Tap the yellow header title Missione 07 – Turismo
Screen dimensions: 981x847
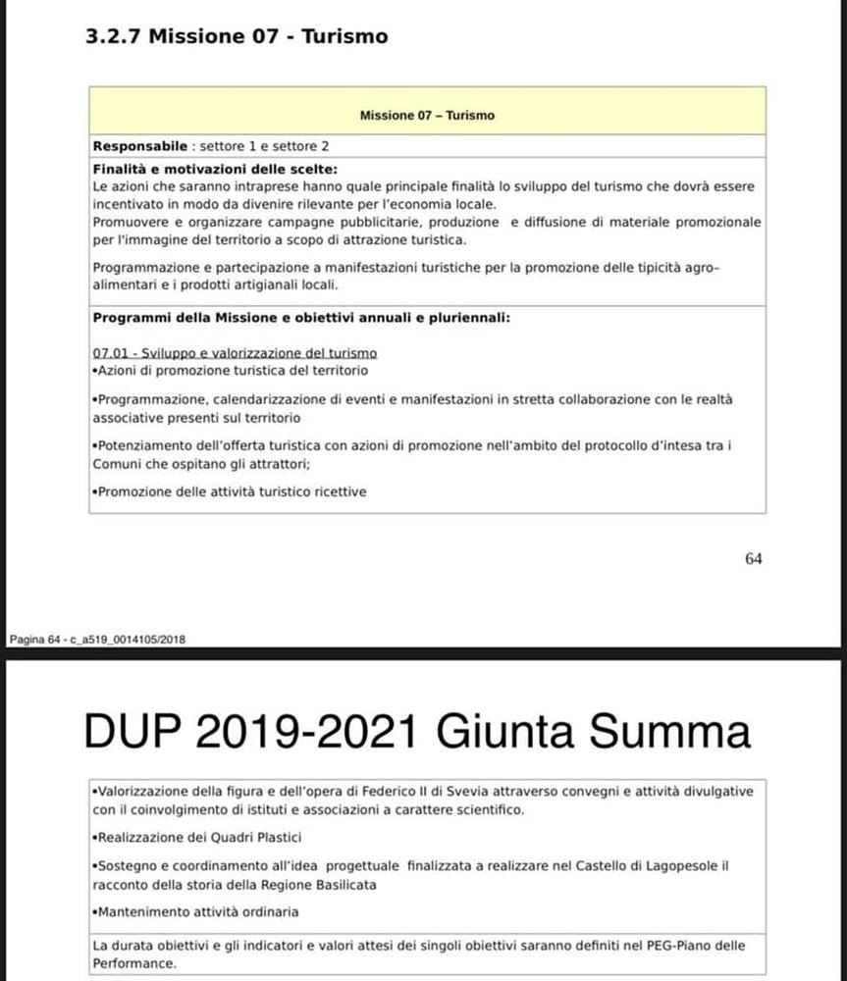point(427,116)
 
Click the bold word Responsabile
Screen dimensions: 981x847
point(126,146)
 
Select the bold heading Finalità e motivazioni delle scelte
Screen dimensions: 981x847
point(215,169)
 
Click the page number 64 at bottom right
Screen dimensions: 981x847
point(754,559)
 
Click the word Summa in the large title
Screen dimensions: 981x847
point(679,733)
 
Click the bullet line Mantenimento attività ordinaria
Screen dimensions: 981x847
point(197,911)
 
